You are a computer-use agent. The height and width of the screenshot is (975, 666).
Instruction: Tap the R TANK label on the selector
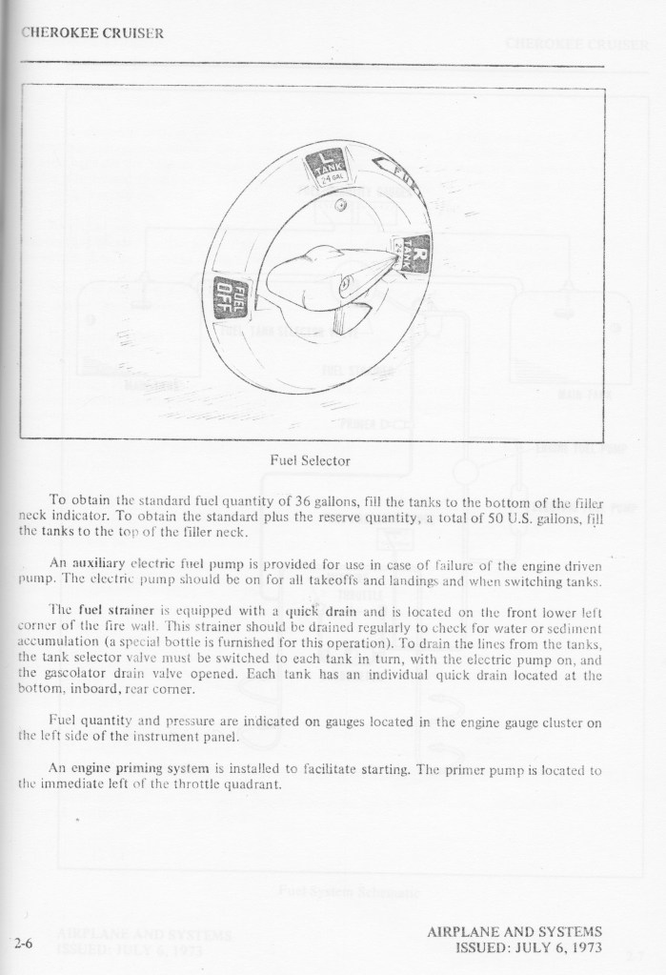412,254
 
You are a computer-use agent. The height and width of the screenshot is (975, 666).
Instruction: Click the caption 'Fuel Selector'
311,460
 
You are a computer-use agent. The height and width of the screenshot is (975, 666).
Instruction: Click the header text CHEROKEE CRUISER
92,31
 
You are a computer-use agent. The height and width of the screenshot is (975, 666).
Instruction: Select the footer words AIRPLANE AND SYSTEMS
515,932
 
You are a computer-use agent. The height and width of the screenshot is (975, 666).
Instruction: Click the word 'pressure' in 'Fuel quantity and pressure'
178,722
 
